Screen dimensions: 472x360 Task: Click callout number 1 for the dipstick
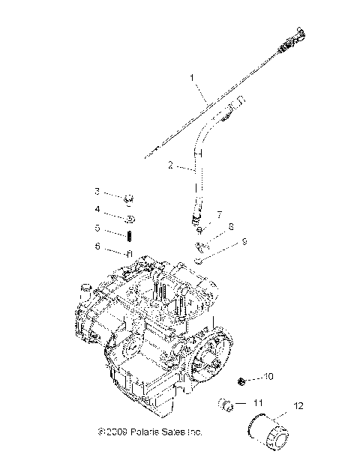click(192, 77)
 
